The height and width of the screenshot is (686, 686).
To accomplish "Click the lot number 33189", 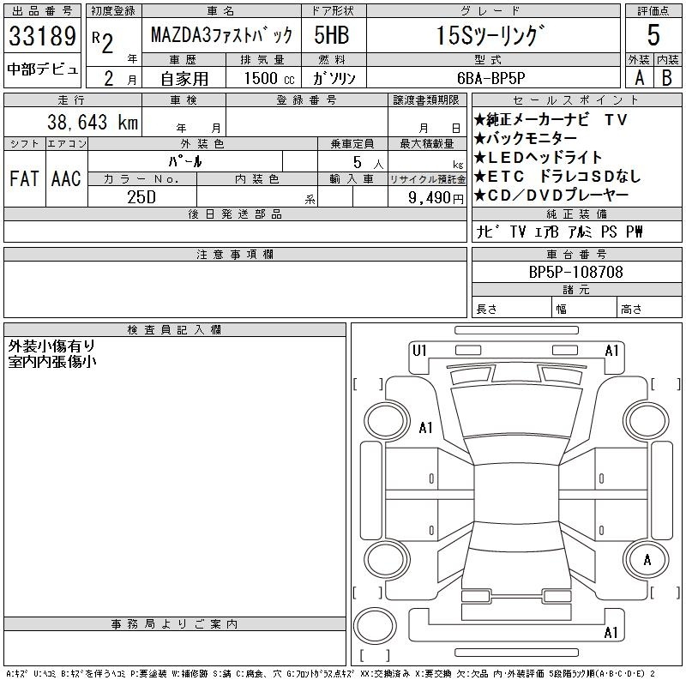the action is coord(42,36).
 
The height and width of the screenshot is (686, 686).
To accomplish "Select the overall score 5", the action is coord(653,35).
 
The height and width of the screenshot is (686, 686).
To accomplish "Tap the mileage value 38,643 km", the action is coord(93,122).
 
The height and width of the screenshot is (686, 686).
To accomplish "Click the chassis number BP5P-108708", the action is coord(575,272).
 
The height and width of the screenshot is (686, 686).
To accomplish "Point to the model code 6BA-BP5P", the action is coord(490,78).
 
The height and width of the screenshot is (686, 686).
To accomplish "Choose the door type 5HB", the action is coord(332,35).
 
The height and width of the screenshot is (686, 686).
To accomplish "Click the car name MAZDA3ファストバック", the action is coord(221,35).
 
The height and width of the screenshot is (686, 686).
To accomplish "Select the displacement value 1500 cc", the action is coord(269,78).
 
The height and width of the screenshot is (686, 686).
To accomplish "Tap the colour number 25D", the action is coord(141,197).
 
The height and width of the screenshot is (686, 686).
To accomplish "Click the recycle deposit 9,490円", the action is coord(436,198).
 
